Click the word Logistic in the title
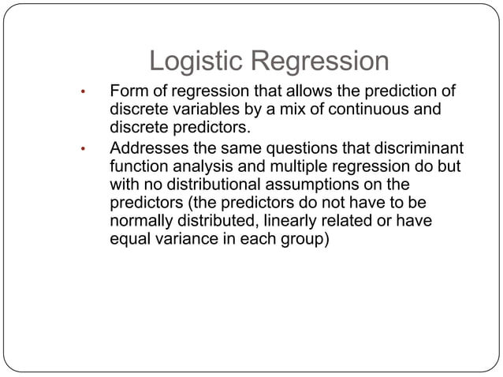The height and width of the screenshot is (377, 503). tap(197, 62)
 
